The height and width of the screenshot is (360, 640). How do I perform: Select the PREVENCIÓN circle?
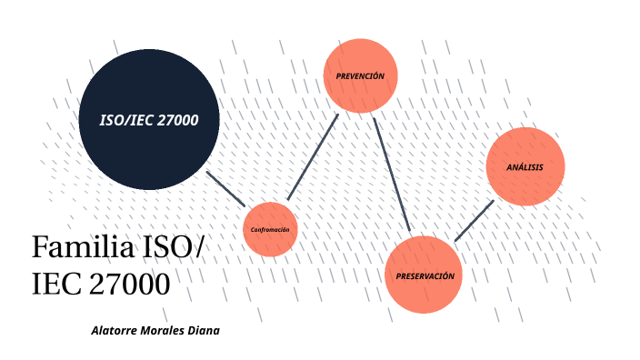(361, 76)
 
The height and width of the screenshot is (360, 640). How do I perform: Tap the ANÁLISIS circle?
(525, 166)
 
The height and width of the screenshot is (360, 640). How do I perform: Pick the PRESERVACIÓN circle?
(425, 275)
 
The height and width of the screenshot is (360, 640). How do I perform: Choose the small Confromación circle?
(270, 229)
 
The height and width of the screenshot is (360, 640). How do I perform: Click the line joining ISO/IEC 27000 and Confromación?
(225, 187)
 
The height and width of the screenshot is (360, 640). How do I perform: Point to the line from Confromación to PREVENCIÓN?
(312, 156)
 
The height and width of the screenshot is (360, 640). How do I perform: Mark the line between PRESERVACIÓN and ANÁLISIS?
(474, 220)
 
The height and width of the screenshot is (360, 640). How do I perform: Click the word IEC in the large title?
(57, 284)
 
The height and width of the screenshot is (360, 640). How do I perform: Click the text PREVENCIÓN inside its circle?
(361, 76)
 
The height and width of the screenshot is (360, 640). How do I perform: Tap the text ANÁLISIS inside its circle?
(525, 167)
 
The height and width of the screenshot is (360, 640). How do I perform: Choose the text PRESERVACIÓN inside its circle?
(425, 275)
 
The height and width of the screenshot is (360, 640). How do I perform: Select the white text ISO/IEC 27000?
(149, 121)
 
